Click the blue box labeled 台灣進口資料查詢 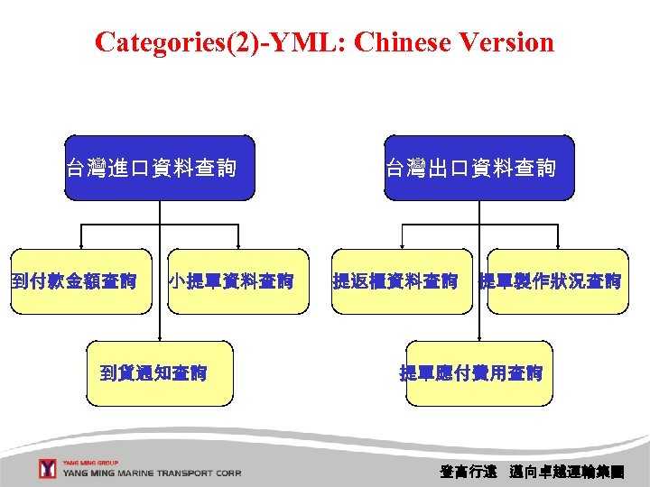[x=160, y=168]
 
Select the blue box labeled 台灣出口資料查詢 [x=478, y=168]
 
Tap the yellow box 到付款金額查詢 [x=81, y=281]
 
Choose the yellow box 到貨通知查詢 [x=160, y=373]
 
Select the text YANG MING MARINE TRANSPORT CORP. [x=152, y=473]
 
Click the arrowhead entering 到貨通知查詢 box [x=161, y=337]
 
